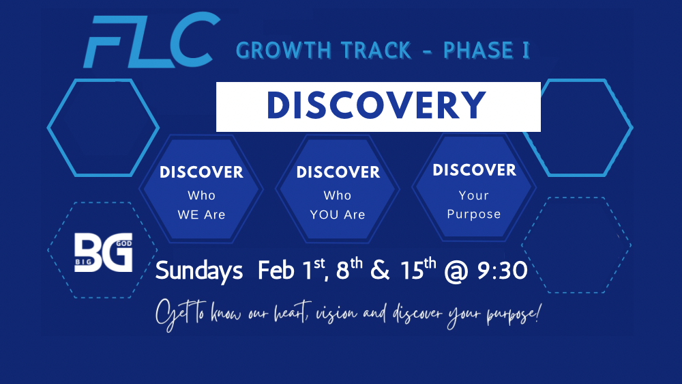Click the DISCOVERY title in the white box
[x=377, y=106]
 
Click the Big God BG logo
[x=103, y=253]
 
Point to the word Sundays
[x=199, y=271]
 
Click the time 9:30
[x=501, y=271]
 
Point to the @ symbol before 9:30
[x=456, y=271]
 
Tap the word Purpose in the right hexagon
[x=474, y=214]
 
